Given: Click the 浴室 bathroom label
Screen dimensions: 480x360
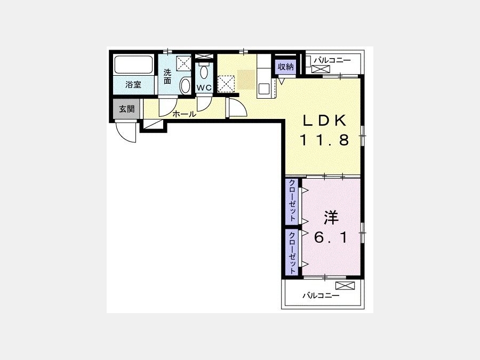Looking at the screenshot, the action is tap(133, 85).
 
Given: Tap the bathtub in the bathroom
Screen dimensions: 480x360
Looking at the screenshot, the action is tap(133, 65).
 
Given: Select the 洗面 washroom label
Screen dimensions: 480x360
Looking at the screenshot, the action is tap(167, 76).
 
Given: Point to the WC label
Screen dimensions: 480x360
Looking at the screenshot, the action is tap(204, 87).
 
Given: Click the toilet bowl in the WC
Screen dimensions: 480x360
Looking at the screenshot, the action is tap(204, 72).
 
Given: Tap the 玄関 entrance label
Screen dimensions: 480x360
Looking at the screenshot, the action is tap(127, 109).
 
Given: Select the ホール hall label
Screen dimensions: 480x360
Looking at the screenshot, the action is tap(185, 115).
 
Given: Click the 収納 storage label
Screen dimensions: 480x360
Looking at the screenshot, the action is tap(286, 67).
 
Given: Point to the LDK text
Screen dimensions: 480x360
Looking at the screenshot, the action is tap(324, 121).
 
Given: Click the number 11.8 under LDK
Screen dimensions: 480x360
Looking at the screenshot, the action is tap(324, 140).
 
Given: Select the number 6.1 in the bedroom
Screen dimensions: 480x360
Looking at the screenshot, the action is tap(331, 237).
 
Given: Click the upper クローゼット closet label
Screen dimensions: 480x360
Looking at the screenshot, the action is tap(292, 201).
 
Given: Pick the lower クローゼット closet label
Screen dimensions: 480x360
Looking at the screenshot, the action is tap(292, 253).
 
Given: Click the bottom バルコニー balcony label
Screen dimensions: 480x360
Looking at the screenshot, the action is tap(321, 295).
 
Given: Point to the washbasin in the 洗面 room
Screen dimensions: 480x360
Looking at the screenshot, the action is tap(185, 86).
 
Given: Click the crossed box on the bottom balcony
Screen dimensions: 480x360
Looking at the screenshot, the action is tap(345, 286).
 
